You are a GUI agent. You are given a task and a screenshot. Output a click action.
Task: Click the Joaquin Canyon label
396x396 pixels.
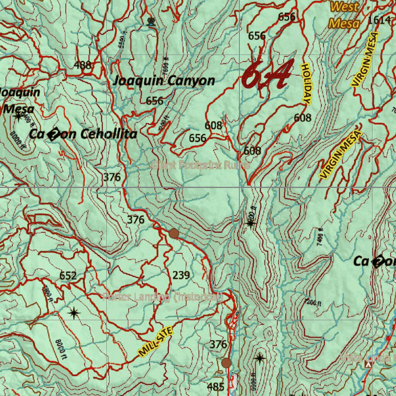pos(164,81)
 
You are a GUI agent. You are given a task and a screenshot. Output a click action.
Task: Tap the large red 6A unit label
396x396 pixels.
pos(267,74)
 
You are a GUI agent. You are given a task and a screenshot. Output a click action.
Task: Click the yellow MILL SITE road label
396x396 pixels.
pos(155,341)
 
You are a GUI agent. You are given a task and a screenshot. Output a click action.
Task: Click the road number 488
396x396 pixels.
pos(82,65)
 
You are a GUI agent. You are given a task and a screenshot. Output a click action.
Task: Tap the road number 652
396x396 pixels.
pos(68,276)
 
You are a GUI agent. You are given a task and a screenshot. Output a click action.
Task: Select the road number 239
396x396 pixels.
pos(181,275)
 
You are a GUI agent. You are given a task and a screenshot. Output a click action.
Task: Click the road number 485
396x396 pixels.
pos(215,386)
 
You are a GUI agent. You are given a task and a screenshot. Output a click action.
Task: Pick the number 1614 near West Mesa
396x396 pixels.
pos(379,20)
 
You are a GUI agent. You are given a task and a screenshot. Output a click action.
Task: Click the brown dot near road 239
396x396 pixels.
pos(174,233)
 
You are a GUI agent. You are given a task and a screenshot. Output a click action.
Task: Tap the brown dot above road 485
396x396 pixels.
pos(226,363)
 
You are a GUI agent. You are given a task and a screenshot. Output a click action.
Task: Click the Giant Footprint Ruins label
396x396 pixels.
pos(200,166)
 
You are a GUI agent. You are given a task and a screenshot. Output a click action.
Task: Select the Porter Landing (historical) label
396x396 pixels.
pos(162,297)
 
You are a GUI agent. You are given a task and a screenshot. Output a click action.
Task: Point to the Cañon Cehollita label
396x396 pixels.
pos(83,134)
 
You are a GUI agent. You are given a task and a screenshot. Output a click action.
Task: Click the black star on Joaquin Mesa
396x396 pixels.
pos(18,116)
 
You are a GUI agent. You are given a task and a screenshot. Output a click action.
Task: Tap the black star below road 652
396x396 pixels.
pos(73,312)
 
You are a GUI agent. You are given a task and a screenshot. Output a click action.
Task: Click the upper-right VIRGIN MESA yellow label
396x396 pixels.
pos(365,59)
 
